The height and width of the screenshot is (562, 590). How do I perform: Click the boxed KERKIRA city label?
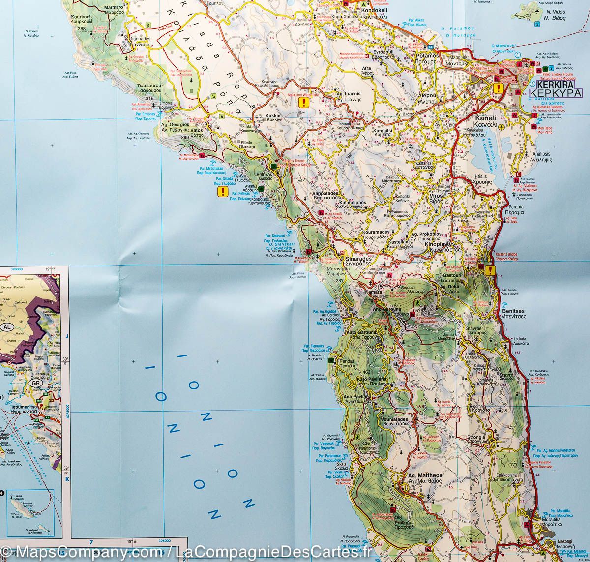(x=556, y=92)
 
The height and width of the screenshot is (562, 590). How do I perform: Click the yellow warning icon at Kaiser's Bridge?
(x=490, y=269)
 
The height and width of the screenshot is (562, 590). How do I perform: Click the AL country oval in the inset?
(x=7, y=327)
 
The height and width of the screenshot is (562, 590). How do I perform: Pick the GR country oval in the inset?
(x=35, y=383)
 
